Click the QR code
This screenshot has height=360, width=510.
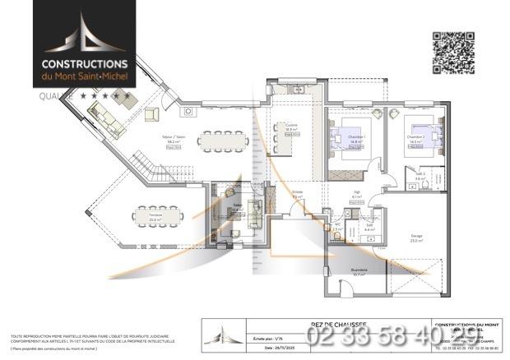point(453,52)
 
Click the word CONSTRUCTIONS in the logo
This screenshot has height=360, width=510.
point(85,63)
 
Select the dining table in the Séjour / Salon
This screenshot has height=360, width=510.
point(221,141)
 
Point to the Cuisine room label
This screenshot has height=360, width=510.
point(291,127)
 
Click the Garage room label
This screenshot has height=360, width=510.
point(417,238)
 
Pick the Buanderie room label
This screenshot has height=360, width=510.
point(359,271)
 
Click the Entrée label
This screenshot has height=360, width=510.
point(298,194)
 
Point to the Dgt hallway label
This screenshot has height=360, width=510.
point(357,195)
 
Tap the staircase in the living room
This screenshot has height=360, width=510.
point(149,168)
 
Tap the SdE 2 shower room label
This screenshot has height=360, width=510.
point(420,176)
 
